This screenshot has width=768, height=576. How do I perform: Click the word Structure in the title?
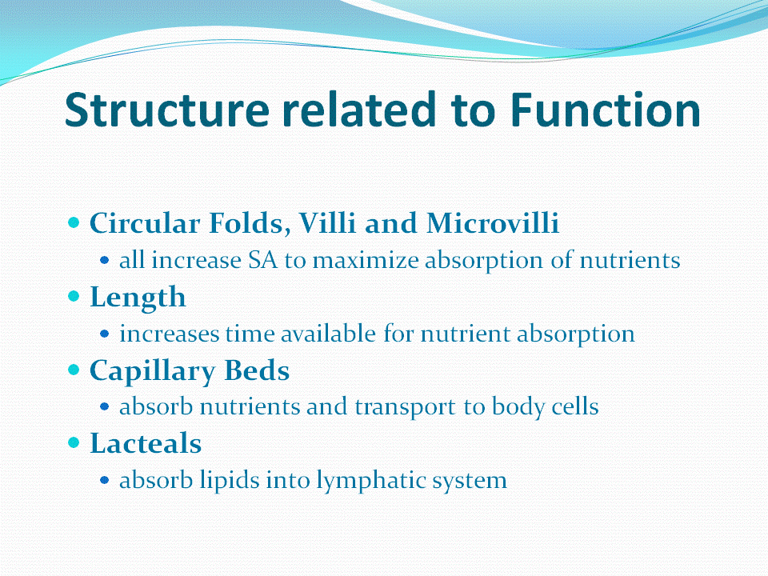(167, 110)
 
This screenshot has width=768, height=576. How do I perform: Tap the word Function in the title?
(606, 110)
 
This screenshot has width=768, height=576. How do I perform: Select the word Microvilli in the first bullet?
(492, 223)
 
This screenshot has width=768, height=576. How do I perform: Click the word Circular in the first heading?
(145, 223)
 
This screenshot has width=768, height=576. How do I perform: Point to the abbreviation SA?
(262, 259)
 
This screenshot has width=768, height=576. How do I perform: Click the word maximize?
(366, 259)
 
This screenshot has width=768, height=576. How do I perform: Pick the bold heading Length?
(138, 298)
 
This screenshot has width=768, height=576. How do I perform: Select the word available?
(328, 334)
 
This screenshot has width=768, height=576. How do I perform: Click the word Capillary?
(152, 370)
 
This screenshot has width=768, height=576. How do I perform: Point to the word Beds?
(257, 370)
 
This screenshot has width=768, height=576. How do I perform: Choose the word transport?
(405, 407)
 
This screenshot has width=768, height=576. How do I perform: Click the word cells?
(575, 406)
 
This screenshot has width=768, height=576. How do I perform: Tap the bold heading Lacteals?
(146, 443)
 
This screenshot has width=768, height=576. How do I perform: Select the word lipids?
(230, 479)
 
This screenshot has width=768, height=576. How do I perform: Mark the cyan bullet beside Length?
(74, 296)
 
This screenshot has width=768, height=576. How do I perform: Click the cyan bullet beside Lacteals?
(74, 442)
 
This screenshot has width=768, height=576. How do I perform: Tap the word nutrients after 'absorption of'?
(630, 259)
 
